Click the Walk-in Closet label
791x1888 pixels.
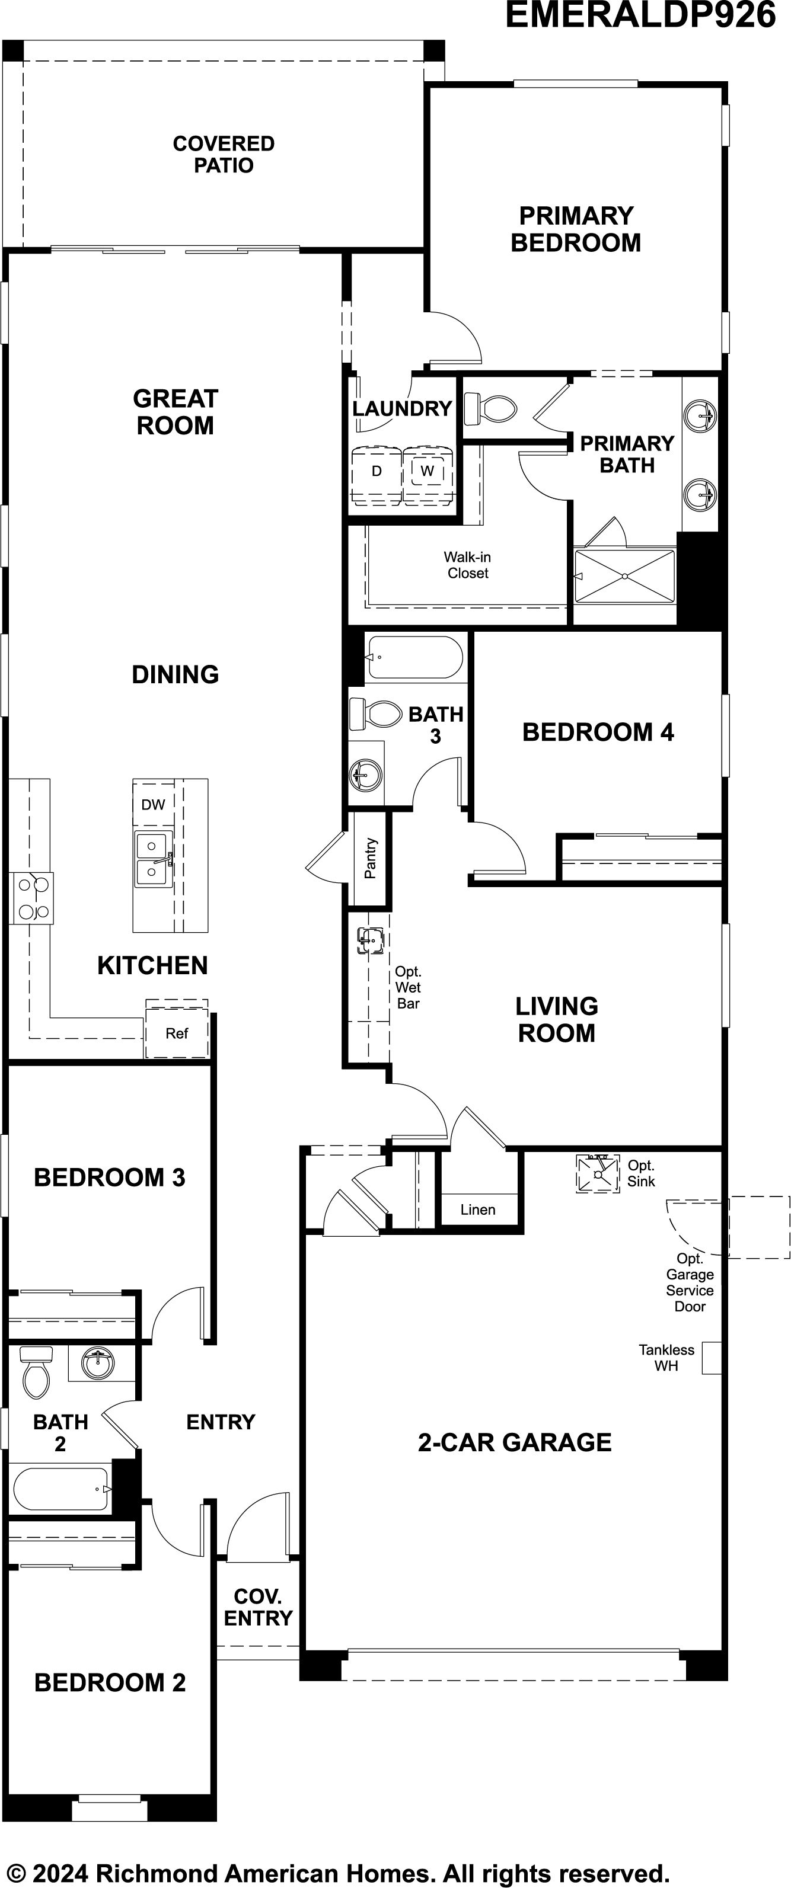coord(468,565)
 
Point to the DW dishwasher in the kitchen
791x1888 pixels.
coord(153,805)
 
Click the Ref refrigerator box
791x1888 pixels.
coord(177,1033)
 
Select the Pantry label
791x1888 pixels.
coord(370,858)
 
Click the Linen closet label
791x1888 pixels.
coord(478,1210)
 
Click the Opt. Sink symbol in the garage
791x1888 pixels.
coord(598,1173)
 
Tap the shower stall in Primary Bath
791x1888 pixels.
coord(624,576)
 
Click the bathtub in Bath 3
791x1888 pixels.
coord(415,657)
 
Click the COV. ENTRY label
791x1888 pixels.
coord(258,1607)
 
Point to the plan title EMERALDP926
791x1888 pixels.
coord(640,15)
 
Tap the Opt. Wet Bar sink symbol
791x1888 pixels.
coord(370,940)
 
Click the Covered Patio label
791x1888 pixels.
coord(224,155)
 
